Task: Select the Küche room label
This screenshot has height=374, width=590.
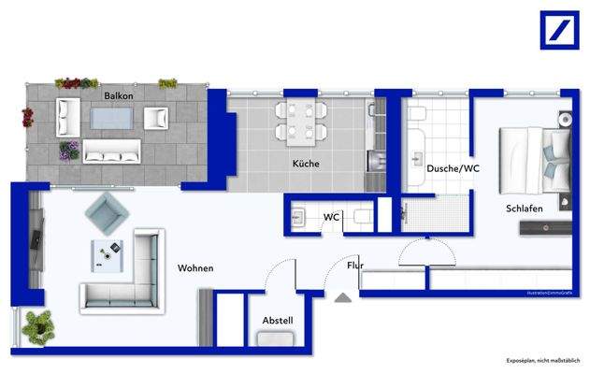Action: click(x=306, y=164)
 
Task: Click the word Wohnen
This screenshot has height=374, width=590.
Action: click(x=195, y=268)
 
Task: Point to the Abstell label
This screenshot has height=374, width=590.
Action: click(x=278, y=321)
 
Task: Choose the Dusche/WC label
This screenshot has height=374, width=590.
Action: click(x=453, y=169)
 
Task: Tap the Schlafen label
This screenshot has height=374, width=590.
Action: click(x=525, y=208)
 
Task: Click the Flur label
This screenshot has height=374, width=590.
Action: click(x=355, y=266)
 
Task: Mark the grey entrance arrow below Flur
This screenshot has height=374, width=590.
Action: click(x=343, y=297)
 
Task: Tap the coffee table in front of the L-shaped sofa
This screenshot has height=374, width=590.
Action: click(x=108, y=253)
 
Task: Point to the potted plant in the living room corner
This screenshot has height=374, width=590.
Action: click(x=39, y=324)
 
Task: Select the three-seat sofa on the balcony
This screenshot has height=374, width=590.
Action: click(x=111, y=151)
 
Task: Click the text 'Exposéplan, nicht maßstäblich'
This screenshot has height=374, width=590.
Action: click(x=542, y=361)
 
